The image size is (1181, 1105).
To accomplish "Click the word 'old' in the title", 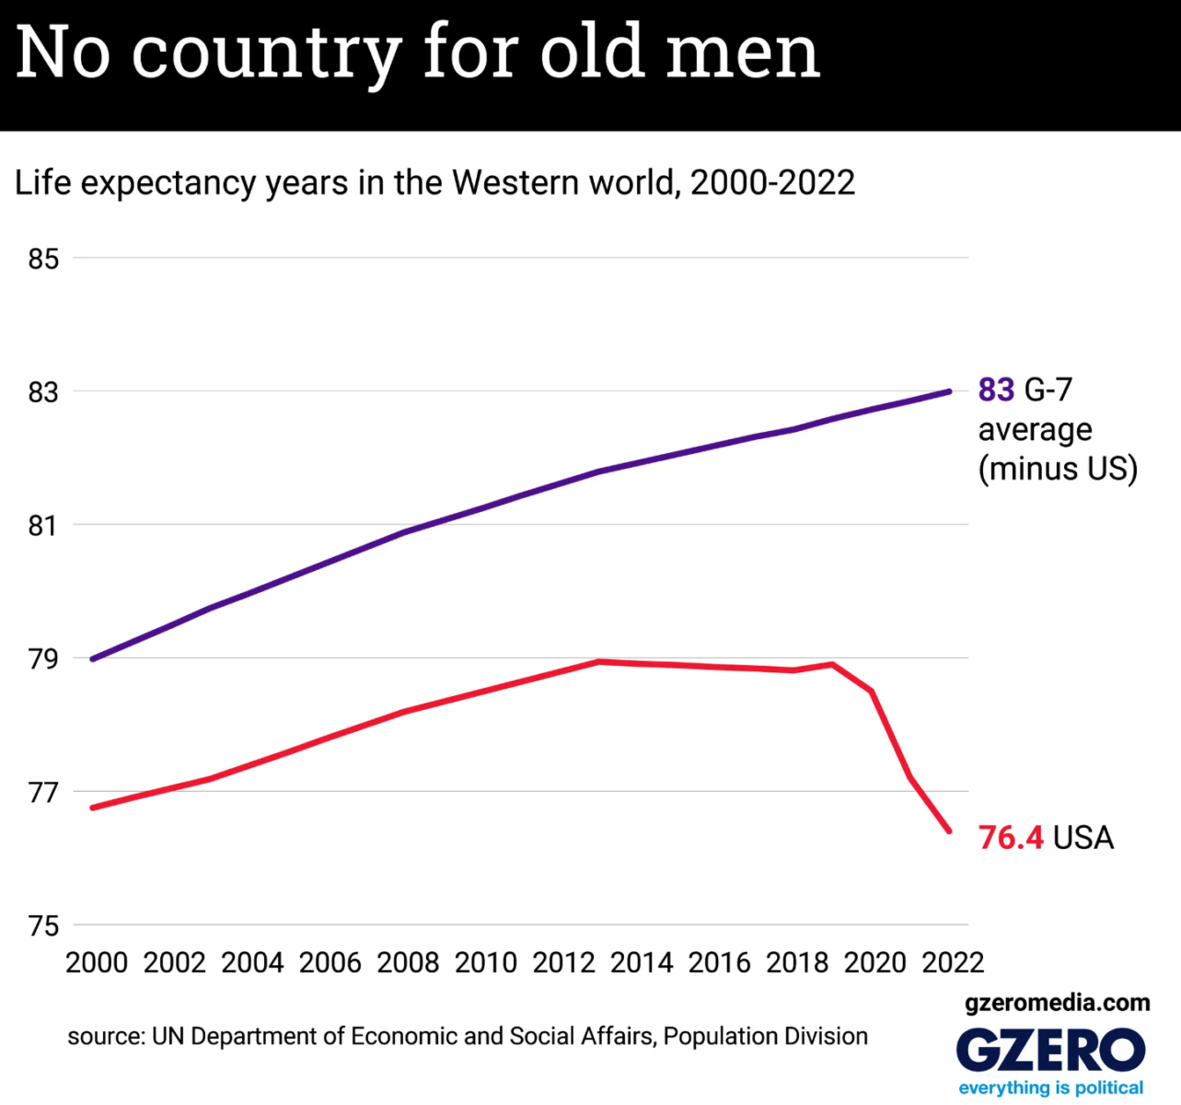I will click(591, 52).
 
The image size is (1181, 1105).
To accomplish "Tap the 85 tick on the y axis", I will click(43, 259).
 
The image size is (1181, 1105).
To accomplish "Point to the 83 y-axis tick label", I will click(43, 392).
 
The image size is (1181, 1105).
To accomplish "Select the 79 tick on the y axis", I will click(43, 659).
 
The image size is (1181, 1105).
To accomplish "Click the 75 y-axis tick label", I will click(43, 925).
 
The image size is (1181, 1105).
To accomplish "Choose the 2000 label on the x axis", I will click(97, 962).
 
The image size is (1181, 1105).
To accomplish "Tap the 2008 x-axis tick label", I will click(408, 962).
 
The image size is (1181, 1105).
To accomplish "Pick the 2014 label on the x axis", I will click(642, 962).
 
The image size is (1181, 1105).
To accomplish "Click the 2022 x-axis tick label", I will click(953, 962).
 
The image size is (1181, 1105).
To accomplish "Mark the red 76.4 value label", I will click(1011, 838).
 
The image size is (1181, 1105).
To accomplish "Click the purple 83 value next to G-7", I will click(996, 390).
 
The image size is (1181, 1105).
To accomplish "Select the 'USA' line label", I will click(1083, 838).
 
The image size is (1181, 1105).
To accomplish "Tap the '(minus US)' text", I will click(1058, 469).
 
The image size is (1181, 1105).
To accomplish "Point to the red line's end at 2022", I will click(949, 831).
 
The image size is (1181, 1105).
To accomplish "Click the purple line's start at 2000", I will click(93, 659).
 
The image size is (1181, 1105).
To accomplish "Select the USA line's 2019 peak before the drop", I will click(833, 664).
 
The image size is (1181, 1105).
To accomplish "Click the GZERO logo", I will click(1050, 1050).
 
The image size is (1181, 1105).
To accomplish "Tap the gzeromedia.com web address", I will click(1057, 1003).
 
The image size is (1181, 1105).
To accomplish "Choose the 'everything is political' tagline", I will click(1050, 1088).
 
